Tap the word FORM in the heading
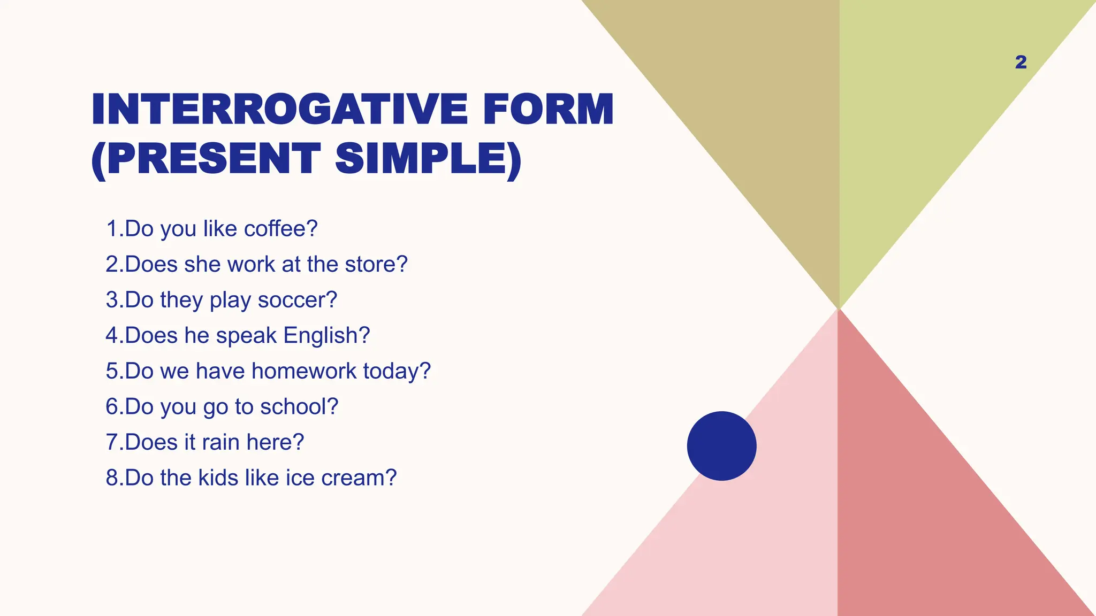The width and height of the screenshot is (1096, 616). (548, 110)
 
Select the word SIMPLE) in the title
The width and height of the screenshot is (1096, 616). (428, 159)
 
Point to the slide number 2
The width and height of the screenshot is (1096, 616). (1021, 62)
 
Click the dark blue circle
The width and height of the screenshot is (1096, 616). (721, 445)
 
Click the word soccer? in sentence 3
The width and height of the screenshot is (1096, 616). (298, 300)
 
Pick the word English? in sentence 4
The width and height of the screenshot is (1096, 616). (326, 336)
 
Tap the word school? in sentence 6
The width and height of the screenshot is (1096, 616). (299, 407)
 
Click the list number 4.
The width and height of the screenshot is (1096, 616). (112, 336)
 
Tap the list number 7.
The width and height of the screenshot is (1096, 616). (112, 442)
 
